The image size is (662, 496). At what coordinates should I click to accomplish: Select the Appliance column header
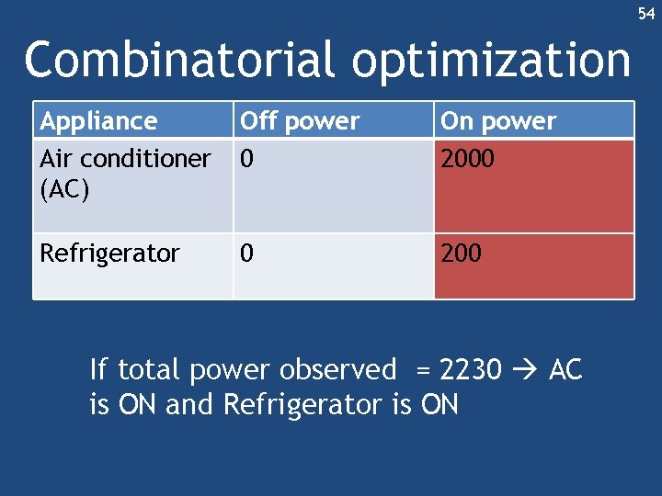98,121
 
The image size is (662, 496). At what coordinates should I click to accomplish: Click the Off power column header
300,121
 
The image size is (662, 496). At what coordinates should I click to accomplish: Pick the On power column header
498,121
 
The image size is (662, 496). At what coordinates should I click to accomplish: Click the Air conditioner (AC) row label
125,159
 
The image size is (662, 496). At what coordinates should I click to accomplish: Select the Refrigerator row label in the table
109,254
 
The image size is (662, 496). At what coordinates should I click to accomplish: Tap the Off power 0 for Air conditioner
246,159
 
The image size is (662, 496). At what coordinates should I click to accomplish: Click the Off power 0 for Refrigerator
246,254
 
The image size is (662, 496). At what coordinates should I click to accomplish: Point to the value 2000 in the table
467,159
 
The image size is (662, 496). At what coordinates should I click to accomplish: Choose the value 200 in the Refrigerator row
461,254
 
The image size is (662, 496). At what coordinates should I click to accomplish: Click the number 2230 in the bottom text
471,370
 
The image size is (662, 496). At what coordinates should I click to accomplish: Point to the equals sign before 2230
423,371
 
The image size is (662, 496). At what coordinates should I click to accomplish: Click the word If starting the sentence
99,370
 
